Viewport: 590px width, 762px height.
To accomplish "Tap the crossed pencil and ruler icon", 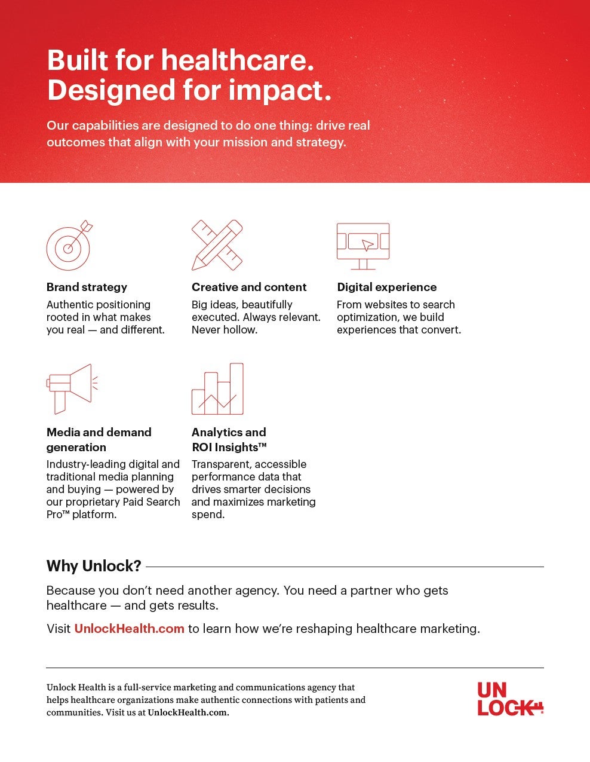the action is (217, 245).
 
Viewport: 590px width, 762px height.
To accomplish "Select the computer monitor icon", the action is (363, 246).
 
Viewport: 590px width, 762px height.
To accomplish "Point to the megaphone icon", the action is (72, 389).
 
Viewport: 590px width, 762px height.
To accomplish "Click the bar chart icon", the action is (217, 389).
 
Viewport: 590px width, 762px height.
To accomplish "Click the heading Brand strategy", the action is (87, 287).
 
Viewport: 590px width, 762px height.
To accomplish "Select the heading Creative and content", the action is (249, 287).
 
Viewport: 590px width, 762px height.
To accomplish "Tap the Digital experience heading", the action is (387, 287).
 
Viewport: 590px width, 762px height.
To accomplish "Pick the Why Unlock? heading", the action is (94, 566).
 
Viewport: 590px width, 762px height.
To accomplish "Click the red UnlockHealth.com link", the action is (129, 628).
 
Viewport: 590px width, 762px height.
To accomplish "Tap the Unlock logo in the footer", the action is (510, 699).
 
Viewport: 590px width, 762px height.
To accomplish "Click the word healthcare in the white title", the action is (237, 60).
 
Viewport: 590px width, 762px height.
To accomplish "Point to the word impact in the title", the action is (275, 90).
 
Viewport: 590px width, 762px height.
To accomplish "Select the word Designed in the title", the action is (111, 90).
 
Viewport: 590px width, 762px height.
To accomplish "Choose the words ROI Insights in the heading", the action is (229, 447).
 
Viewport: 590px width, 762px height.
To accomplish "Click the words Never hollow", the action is (225, 330).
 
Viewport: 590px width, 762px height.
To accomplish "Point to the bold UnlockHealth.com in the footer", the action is (188, 712).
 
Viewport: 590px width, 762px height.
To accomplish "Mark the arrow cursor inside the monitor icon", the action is (367, 245).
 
